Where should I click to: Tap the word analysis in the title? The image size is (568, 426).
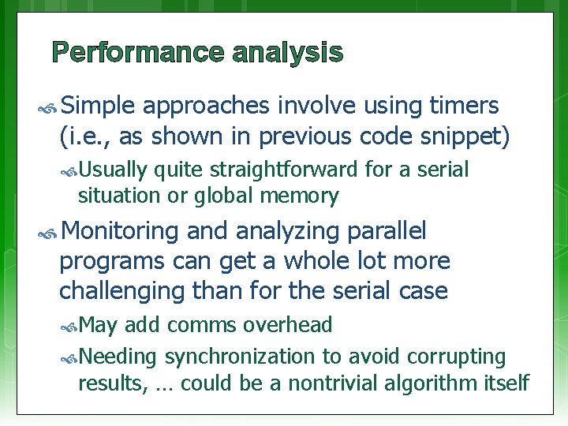pos(288,53)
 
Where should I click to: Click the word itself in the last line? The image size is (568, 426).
pos(504,383)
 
